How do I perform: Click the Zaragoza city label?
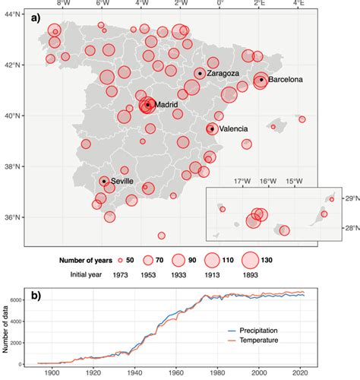point(223,74)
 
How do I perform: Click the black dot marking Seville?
point(104,181)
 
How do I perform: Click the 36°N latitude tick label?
point(11,217)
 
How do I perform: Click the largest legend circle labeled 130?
point(247,259)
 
